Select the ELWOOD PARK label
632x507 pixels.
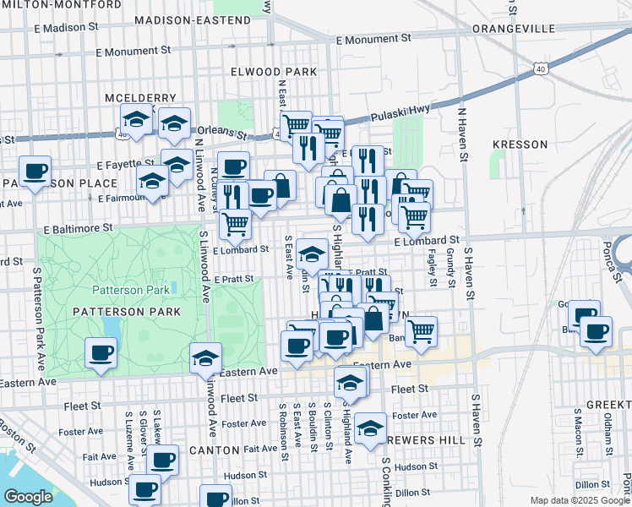click(266, 73)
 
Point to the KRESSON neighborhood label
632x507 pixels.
click(520, 144)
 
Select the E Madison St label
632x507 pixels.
click(73, 28)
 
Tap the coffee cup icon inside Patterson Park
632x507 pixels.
click(101, 352)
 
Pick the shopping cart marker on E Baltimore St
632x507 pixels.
click(235, 223)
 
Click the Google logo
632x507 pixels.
click(28, 497)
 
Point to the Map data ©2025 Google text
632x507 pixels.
click(580, 500)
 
